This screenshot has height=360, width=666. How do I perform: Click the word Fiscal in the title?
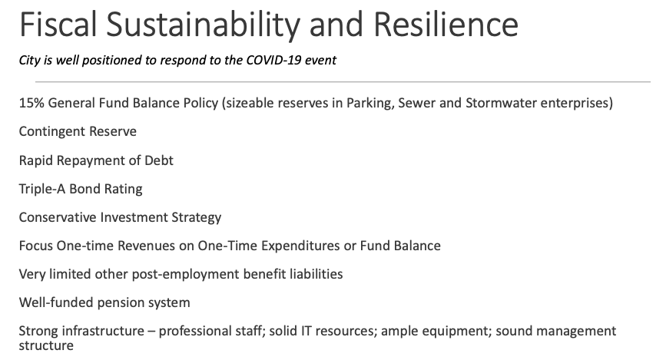(x=58, y=25)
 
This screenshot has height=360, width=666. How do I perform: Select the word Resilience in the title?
(x=446, y=25)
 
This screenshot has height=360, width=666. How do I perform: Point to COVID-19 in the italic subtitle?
(x=273, y=60)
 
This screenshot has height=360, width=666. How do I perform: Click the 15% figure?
(x=31, y=103)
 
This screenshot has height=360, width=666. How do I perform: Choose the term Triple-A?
(x=42, y=189)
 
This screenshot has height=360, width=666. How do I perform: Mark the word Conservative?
(x=58, y=217)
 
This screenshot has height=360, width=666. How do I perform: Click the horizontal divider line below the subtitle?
(x=343, y=81)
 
